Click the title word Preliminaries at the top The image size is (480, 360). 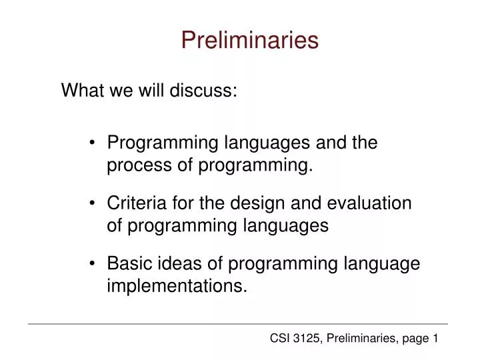tap(249, 41)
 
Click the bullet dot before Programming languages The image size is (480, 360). tap(93, 143)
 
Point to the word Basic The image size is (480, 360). tap(129, 264)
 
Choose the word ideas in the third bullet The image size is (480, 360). tap(178, 264)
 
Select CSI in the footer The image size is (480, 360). tap(279, 339)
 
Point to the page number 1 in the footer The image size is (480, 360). tap(434, 339)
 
